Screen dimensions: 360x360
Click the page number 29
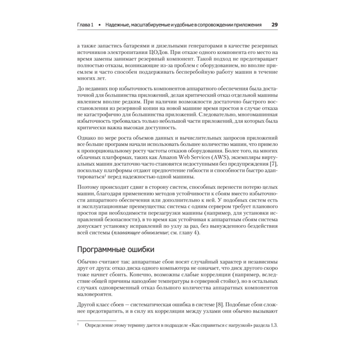coord(274,25)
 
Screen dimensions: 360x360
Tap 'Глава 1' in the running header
coord(86,25)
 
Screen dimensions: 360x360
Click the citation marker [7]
coord(274,164)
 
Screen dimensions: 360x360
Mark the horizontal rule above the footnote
coord(97,320)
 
